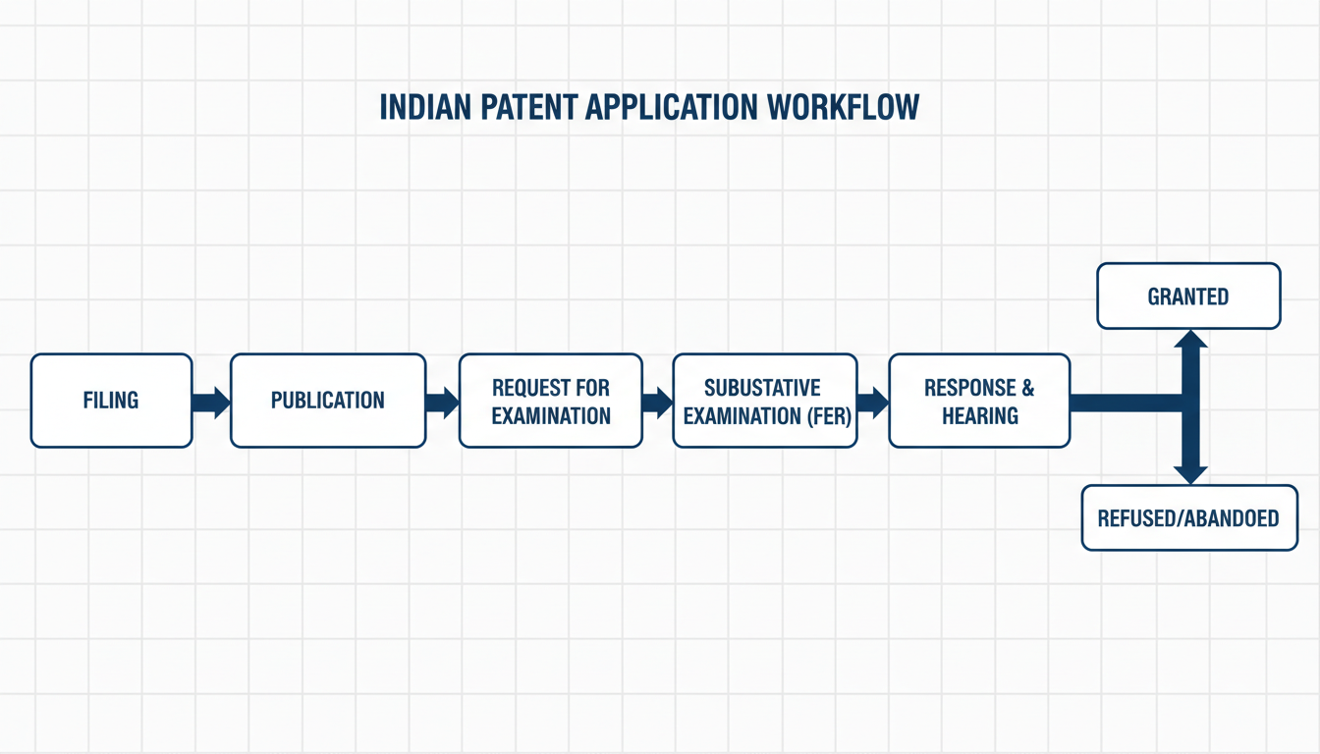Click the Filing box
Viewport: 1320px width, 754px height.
pyautogui.click(x=111, y=401)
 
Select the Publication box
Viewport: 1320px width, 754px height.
pyautogui.click(x=328, y=401)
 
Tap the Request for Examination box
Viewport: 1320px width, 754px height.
pyautogui.click(x=551, y=401)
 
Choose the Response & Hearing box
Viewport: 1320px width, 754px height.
pyautogui.click(x=979, y=401)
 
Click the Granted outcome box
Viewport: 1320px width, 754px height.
pyautogui.click(x=1188, y=296)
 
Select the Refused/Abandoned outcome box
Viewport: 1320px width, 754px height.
pyautogui.click(x=1188, y=517)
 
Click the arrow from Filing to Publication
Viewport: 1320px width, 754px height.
pyautogui.click(x=210, y=402)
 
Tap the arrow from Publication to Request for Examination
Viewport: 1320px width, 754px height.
pyautogui.click(x=442, y=402)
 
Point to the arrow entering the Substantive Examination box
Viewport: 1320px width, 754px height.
pyautogui.click(x=657, y=402)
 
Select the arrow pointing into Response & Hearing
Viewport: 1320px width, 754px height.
pyautogui.click(x=871, y=402)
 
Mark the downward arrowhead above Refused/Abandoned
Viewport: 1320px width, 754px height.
pyautogui.click(x=1190, y=473)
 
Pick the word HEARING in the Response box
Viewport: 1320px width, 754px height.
pyautogui.click(x=979, y=415)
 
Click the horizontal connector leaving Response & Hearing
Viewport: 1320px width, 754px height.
pyautogui.click(x=1125, y=402)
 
